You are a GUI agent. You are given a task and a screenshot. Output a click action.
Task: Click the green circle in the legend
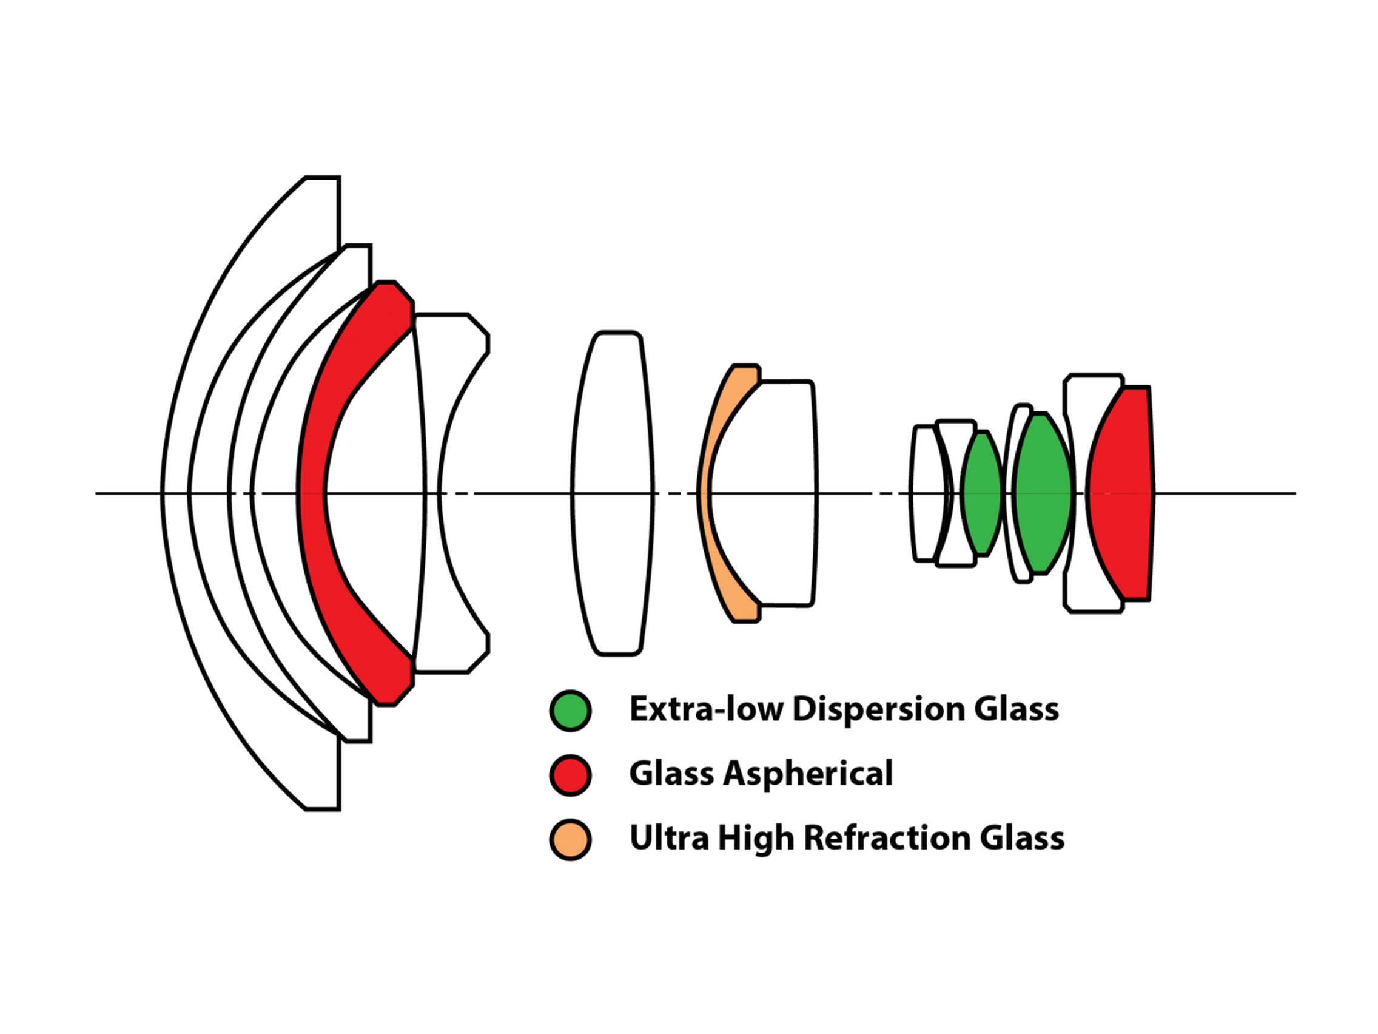pos(570,710)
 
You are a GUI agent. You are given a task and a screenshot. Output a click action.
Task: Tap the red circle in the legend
pos(570,775)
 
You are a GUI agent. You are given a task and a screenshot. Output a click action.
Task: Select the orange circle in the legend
pos(570,840)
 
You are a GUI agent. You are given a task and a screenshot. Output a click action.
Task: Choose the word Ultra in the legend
pos(669,838)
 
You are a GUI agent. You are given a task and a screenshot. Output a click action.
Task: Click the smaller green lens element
pos(981,492)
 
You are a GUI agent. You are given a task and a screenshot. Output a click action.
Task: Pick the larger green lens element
pos(1041,492)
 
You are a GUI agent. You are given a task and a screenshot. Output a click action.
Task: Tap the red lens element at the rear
pos(1121,492)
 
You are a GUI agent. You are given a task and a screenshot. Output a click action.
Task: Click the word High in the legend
pos(757,838)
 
